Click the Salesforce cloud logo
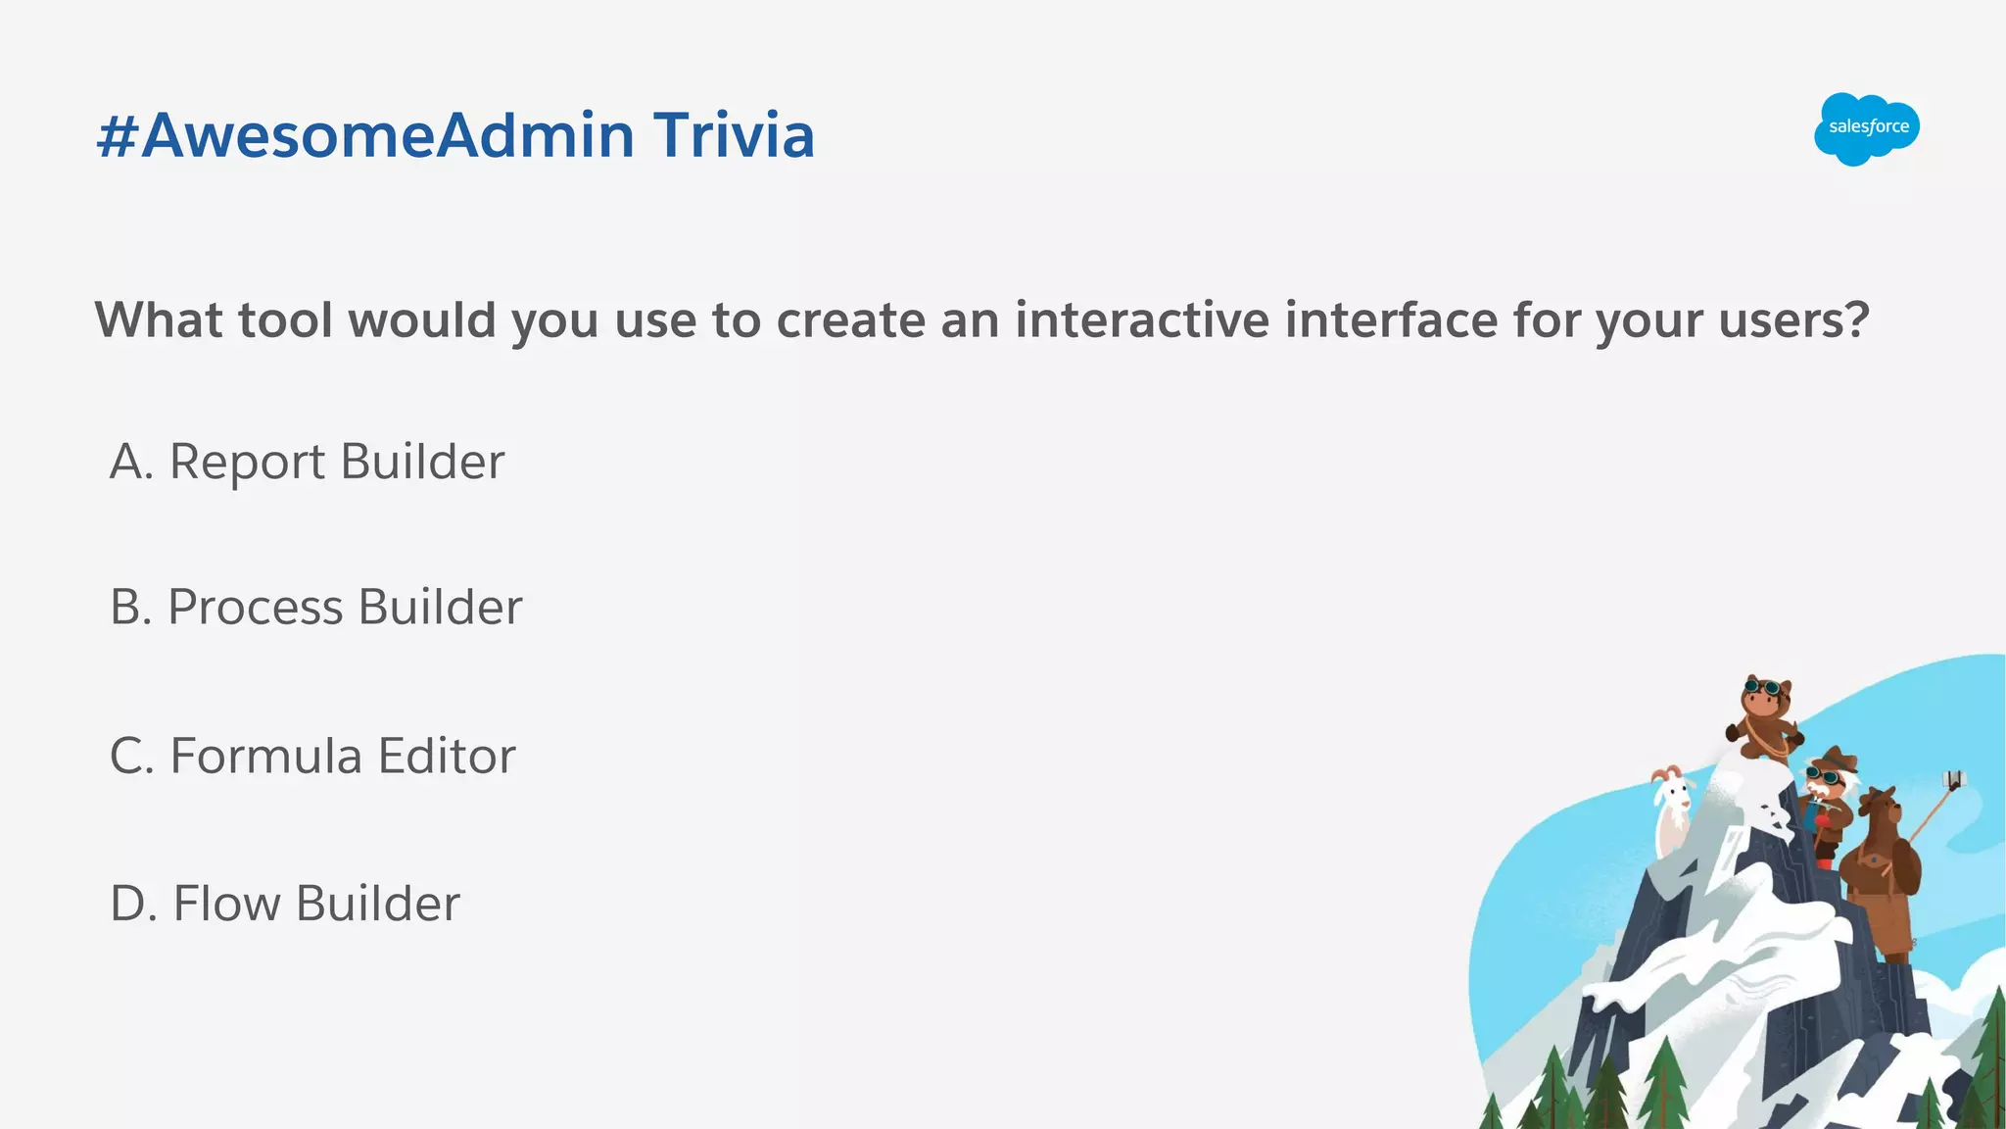pos(1866,128)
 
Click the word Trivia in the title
pos(734,135)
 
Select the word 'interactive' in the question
pos(1141,319)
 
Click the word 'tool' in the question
pos(285,319)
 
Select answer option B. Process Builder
pos(315,607)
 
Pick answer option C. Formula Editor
pos(312,756)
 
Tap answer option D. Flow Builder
pos(284,903)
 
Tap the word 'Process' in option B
pos(255,607)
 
